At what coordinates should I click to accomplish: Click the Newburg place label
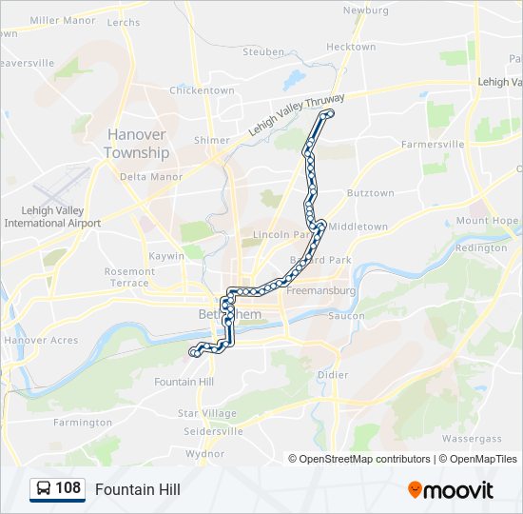point(365,10)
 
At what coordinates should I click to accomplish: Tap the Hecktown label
point(351,47)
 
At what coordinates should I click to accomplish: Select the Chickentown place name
point(202,90)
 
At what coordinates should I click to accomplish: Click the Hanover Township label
point(137,144)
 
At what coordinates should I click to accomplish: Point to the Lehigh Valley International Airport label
point(52,217)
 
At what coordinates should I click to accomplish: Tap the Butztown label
point(370,193)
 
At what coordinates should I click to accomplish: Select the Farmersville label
point(432,145)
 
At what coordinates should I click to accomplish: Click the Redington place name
point(481,247)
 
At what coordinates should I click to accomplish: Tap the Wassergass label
point(472,439)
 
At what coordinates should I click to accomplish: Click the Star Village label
point(207,414)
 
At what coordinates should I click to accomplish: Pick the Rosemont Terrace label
point(128,277)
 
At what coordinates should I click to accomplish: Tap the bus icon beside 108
point(43,489)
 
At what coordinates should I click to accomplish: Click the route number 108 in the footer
point(68,489)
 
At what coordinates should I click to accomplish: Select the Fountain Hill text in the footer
point(137,490)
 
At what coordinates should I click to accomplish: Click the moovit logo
point(451,490)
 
